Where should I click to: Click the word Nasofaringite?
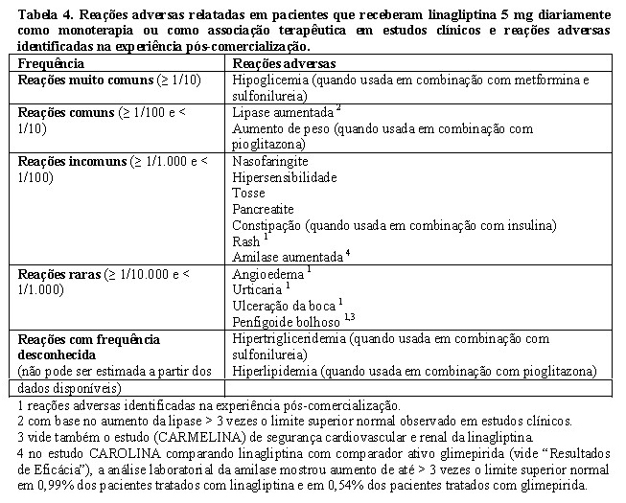(269, 161)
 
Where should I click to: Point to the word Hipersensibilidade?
(285, 177)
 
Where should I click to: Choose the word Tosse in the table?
(248, 193)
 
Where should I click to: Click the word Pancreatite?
(263, 209)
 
